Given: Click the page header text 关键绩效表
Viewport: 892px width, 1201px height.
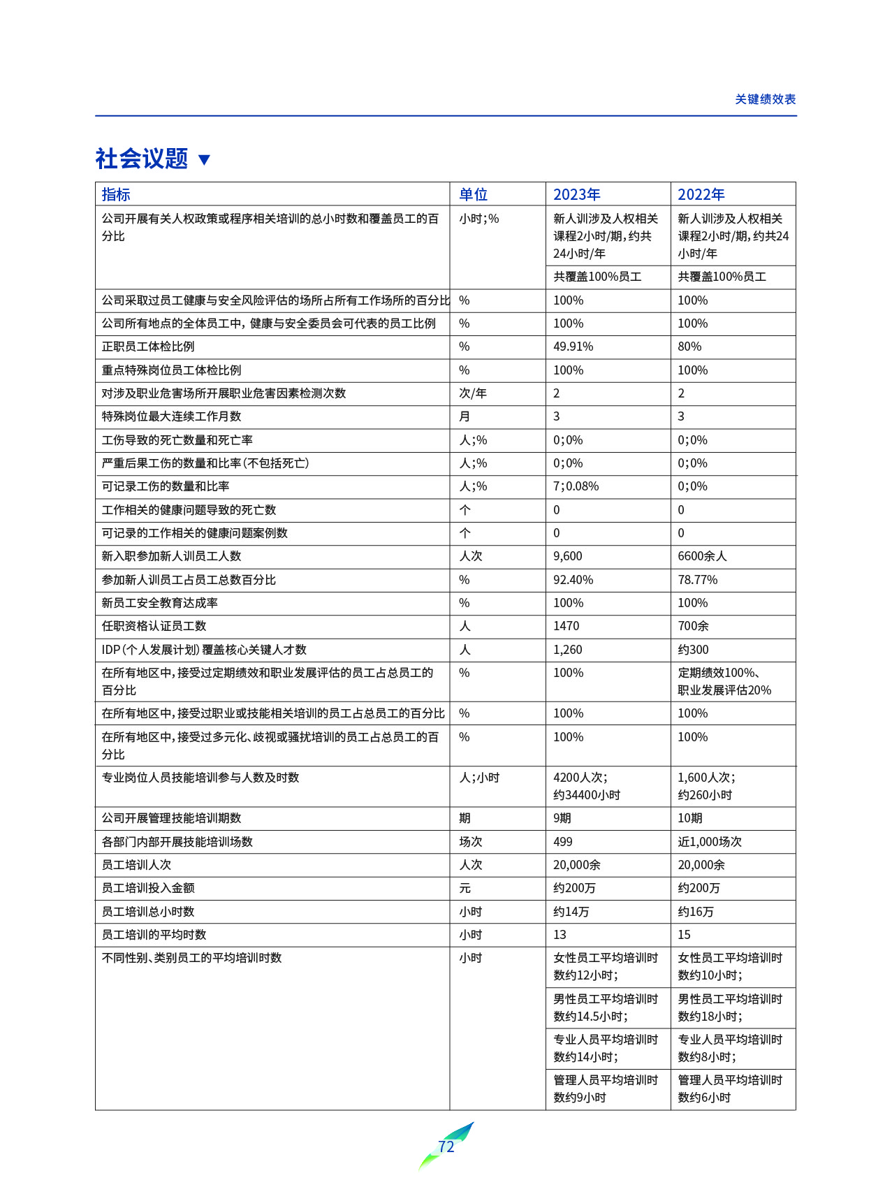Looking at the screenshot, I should [x=765, y=99].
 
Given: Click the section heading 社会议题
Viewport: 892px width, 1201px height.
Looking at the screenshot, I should [x=142, y=159].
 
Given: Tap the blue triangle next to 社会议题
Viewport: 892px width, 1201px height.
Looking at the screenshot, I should [x=204, y=160].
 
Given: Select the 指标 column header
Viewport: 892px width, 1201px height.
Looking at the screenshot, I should [x=116, y=194].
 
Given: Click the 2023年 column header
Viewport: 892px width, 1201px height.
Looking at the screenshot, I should [x=576, y=194].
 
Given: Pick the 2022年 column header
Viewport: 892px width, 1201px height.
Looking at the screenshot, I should [x=701, y=194].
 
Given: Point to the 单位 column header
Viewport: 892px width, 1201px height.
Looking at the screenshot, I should [x=473, y=194].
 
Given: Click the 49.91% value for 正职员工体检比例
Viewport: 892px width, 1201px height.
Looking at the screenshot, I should [x=573, y=347].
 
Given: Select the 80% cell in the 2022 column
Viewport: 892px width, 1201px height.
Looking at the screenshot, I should [x=689, y=347].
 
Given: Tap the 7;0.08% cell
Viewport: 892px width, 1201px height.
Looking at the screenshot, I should [x=576, y=486].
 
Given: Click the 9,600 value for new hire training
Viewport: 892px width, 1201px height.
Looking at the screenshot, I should [x=567, y=556].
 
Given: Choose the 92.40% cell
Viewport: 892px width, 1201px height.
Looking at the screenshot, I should [x=573, y=580].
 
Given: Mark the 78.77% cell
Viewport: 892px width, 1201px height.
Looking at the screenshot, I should [x=697, y=580].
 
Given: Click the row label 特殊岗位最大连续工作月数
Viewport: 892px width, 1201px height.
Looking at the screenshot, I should [x=171, y=416].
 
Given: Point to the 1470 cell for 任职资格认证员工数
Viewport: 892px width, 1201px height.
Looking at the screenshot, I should [x=566, y=626].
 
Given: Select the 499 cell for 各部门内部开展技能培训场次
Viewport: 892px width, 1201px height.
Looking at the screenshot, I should [x=562, y=842].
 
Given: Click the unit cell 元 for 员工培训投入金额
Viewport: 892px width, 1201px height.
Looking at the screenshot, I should [x=465, y=888].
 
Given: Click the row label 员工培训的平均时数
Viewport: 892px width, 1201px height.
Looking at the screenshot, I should [x=154, y=935].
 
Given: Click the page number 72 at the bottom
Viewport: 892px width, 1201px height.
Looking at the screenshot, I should [x=446, y=1147].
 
